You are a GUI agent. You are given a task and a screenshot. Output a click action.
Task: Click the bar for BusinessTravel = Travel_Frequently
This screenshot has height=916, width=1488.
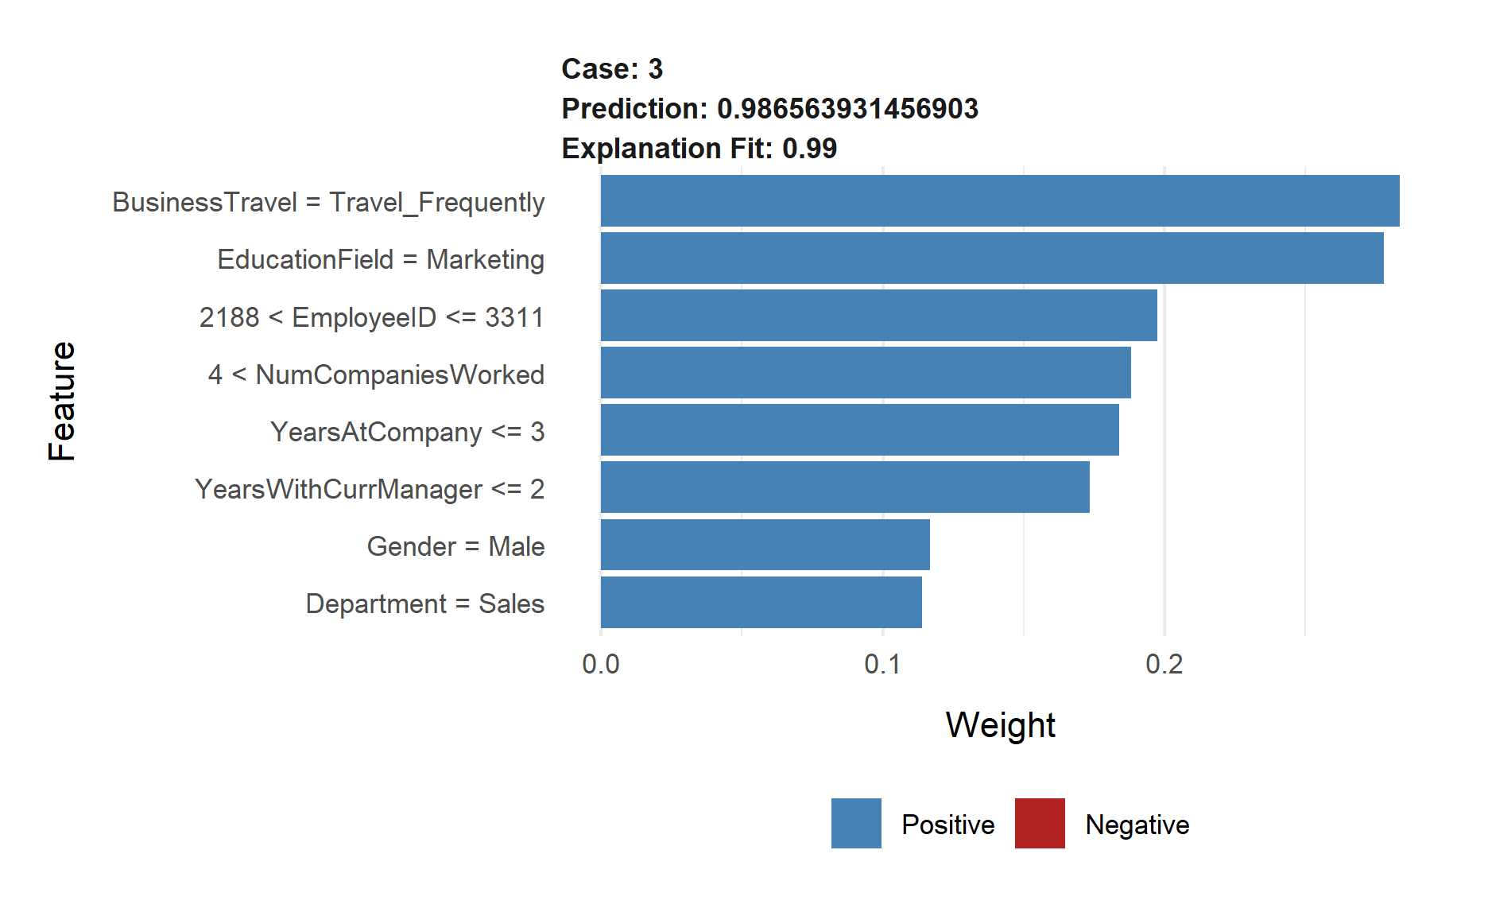(x=1000, y=201)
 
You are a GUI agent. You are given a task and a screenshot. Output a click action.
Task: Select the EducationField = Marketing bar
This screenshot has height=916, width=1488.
(x=992, y=258)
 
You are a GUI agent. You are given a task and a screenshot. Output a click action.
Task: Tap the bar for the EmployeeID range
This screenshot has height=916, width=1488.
(x=878, y=316)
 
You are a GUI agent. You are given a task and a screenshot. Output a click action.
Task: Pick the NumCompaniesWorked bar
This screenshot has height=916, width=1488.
(x=866, y=373)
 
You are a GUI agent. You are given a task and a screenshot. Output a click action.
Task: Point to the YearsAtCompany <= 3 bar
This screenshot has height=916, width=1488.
(x=859, y=430)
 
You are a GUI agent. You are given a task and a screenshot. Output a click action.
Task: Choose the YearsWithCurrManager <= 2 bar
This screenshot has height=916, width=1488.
(x=845, y=487)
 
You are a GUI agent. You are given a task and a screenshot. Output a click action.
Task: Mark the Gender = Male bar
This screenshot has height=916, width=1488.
(x=765, y=545)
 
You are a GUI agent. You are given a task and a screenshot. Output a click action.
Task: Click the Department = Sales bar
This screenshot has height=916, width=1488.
(x=761, y=602)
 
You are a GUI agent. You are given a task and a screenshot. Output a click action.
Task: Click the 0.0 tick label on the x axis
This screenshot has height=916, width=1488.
(x=601, y=664)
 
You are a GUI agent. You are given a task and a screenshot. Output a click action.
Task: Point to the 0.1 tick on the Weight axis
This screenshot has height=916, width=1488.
(x=882, y=664)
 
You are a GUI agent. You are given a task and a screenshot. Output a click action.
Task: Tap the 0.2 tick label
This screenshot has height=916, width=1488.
(x=1164, y=664)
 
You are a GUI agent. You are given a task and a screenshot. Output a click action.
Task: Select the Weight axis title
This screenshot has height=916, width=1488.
(x=1000, y=725)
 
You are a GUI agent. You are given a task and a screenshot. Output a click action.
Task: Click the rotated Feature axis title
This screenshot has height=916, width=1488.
(x=62, y=402)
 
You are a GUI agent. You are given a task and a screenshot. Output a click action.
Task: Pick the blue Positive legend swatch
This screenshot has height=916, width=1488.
(x=856, y=824)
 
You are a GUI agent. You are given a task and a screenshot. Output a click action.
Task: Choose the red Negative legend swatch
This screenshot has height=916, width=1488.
(x=1040, y=824)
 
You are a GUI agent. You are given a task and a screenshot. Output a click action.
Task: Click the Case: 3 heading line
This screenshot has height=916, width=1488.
(x=612, y=69)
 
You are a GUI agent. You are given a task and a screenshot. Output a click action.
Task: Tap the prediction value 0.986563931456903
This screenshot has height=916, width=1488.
(x=847, y=109)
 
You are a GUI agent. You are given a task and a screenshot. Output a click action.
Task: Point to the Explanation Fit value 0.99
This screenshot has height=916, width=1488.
(x=809, y=149)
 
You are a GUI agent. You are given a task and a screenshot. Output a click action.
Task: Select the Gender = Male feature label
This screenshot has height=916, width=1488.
(x=455, y=546)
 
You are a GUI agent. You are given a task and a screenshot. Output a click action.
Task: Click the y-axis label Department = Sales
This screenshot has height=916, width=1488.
(x=424, y=604)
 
